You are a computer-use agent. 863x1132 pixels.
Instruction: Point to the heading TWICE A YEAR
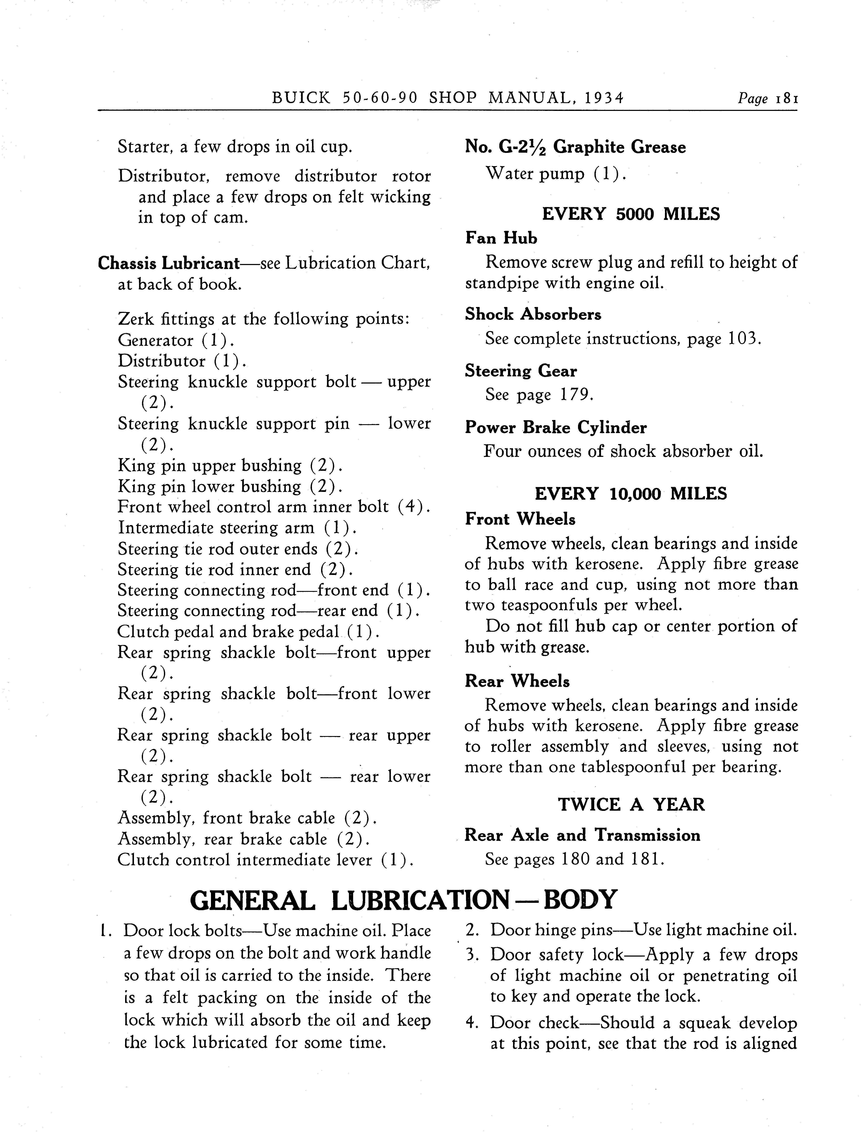pyautogui.click(x=631, y=805)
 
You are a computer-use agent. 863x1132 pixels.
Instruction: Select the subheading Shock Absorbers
pyautogui.click(x=533, y=314)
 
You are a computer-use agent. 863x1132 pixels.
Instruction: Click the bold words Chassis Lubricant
pyautogui.click(x=169, y=263)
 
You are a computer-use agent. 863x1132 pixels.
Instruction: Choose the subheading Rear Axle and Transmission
pyautogui.click(x=582, y=835)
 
